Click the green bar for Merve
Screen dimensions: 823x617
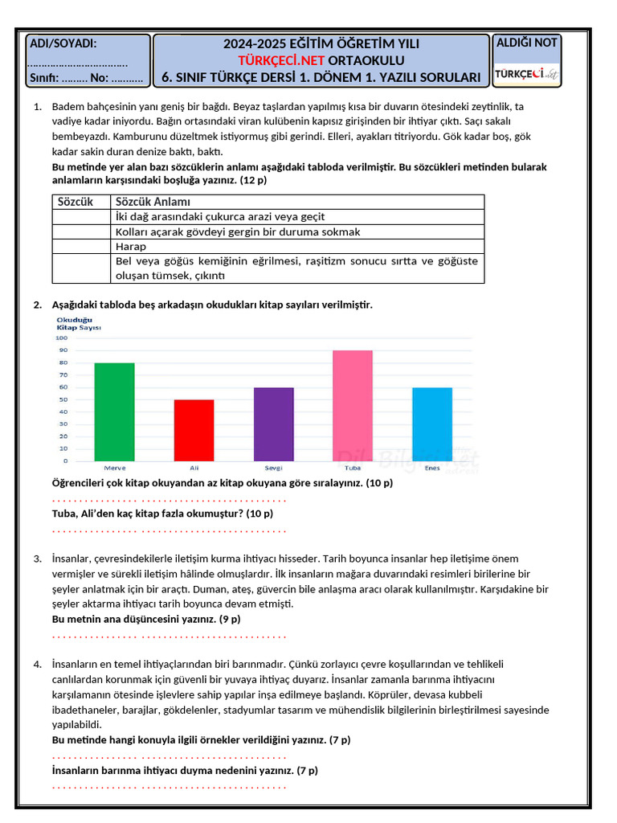click(114, 411)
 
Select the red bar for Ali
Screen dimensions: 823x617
click(194, 430)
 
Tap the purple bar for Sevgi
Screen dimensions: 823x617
click(274, 424)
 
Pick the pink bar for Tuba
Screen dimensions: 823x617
click(353, 405)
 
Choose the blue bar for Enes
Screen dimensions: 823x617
click(432, 424)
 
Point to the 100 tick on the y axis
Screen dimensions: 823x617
click(62, 338)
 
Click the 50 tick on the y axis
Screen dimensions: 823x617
click(62, 399)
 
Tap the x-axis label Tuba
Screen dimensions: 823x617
click(353, 468)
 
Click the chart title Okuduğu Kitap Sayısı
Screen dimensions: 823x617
click(78, 324)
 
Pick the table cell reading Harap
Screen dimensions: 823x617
click(131, 247)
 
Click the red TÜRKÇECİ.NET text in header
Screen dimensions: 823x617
click(276, 60)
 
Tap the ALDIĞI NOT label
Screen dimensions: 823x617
click(526, 43)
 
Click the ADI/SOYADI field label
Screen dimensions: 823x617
click(63, 43)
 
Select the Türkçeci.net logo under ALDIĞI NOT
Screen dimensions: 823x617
click(526, 73)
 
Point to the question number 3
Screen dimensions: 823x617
click(37, 559)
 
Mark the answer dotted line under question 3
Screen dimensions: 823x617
click(169, 636)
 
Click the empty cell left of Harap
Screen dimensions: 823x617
click(81, 247)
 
